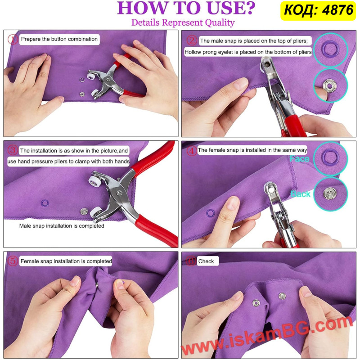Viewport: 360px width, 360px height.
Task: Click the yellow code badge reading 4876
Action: coord(318,10)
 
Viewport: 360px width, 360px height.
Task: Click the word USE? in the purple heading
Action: coord(231,8)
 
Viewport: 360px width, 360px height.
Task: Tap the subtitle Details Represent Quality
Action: coord(183,23)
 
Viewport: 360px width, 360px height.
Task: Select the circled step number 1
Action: coord(13,39)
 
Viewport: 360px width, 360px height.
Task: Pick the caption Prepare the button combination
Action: coord(59,39)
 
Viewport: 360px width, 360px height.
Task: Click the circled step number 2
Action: coord(192,40)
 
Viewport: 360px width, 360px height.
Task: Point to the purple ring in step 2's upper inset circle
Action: coord(330,49)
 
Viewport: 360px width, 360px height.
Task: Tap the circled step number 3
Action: coord(13,150)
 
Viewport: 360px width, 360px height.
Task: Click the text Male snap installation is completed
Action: coord(62,226)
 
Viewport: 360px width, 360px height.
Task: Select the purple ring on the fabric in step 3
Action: coord(45,203)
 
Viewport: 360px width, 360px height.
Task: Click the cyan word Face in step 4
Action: coord(299,159)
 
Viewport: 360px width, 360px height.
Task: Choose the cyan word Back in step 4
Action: coord(300,194)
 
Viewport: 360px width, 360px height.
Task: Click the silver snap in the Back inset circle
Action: coord(330,193)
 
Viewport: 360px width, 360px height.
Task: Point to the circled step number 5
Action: coord(13,261)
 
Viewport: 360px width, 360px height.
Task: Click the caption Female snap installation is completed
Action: coord(66,261)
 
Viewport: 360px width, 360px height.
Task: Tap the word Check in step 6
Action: coord(206,261)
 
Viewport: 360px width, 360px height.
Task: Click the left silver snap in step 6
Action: coord(256,303)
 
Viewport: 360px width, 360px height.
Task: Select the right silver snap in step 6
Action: coord(282,296)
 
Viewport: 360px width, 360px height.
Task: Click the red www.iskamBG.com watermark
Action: coord(267,336)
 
